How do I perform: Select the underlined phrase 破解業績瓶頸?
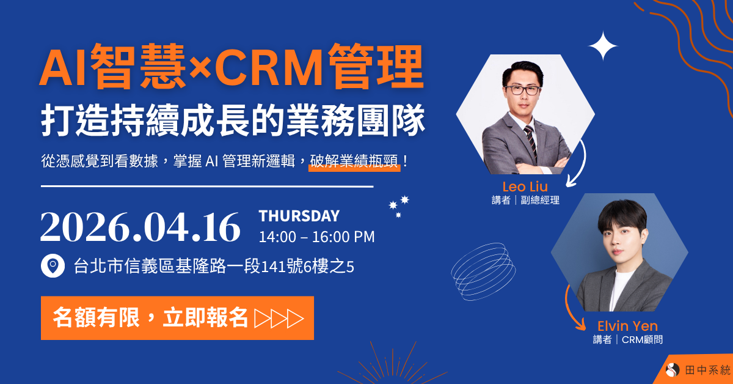(x=354, y=161)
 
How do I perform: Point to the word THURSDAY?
(x=299, y=216)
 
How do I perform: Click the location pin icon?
(x=53, y=267)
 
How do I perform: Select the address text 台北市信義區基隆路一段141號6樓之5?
(x=214, y=267)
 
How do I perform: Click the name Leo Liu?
(x=525, y=186)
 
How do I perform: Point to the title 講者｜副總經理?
(x=525, y=200)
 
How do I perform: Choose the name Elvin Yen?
(x=627, y=326)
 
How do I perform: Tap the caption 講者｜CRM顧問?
(x=627, y=340)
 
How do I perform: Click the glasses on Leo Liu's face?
(x=522, y=90)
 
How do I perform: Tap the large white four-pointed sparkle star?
(x=603, y=46)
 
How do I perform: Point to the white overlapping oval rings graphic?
(x=483, y=270)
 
